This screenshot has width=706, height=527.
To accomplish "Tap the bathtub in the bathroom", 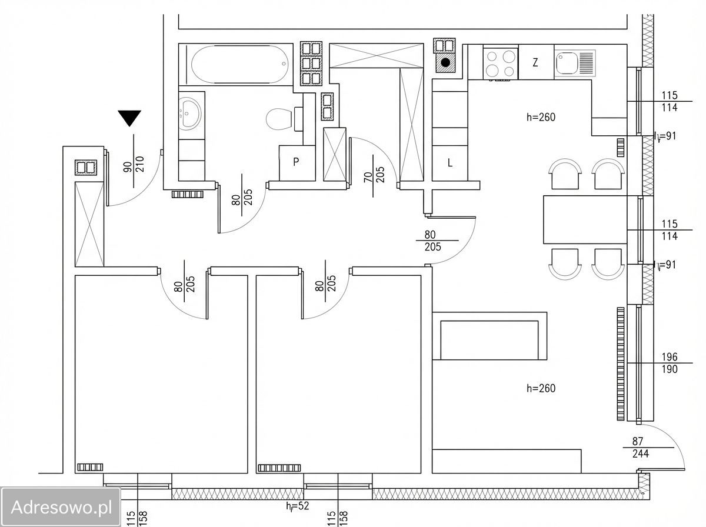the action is (239, 64).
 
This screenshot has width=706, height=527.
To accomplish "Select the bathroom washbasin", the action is (190, 114).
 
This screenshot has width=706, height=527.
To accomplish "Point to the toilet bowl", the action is (279, 119).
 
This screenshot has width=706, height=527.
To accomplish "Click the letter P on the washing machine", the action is (296, 162).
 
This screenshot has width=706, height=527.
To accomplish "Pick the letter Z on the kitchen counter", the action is (535, 62).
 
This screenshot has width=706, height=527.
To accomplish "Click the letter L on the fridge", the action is (450, 163).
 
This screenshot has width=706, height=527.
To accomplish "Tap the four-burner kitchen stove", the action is (501, 64).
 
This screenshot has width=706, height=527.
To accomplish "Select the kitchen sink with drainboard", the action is (575, 64).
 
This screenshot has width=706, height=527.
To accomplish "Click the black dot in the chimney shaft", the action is (445, 63).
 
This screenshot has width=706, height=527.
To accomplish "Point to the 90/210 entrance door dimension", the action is (134, 164).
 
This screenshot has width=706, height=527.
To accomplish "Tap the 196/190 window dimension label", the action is (670, 363).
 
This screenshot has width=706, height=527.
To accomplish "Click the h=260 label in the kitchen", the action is (541, 117).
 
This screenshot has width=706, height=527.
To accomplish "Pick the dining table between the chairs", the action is (585, 219).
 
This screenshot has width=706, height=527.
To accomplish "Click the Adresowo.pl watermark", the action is (61, 507).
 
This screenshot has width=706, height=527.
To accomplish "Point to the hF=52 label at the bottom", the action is (298, 506).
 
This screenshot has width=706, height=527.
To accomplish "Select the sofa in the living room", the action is (489, 336).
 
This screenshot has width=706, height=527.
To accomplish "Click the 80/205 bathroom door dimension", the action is (242, 195).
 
